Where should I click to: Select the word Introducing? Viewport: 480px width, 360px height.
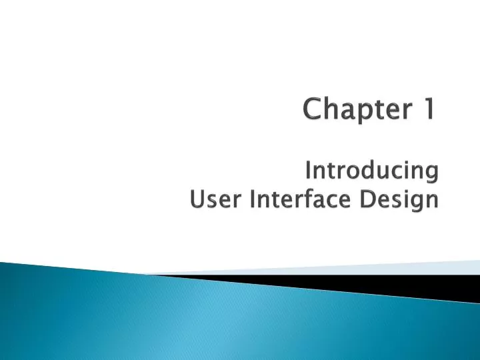click(371, 171)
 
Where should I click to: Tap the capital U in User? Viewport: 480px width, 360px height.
click(197, 199)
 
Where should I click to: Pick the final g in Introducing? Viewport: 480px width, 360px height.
click(431, 175)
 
